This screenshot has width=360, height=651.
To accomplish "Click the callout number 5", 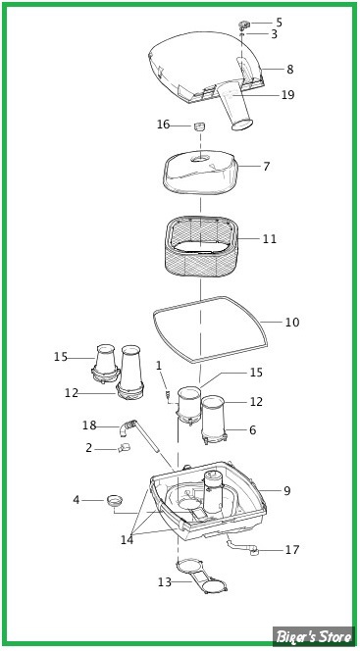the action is (279, 23).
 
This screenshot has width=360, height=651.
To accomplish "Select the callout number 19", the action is (287, 95).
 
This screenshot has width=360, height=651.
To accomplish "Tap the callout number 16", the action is (164, 125).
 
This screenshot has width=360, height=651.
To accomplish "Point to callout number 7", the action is (266, 167).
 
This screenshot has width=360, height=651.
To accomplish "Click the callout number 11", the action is (270, 239).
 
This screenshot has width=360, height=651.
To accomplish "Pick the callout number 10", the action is (292, 323).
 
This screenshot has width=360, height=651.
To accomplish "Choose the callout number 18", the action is (89, 426).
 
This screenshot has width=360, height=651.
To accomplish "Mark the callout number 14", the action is (128, 540).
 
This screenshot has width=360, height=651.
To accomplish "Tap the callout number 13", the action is (165, 582).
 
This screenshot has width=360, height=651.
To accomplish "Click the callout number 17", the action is (292, 550).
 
